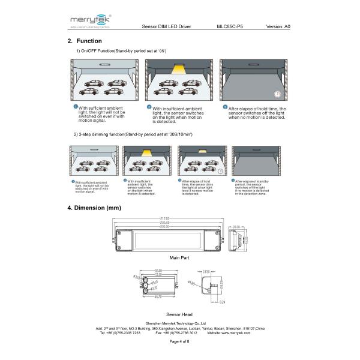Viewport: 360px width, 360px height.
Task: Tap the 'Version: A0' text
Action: (278, 27)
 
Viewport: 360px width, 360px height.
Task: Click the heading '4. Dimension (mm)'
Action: (94, 208)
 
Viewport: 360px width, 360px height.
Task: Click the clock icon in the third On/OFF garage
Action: (277, 94)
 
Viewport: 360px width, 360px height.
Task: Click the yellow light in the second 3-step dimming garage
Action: (146, 154)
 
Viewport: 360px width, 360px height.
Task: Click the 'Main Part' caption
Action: (179, 257)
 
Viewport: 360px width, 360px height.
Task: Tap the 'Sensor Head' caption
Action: (179, 314)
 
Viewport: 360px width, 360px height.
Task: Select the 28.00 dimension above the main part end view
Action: (236, 227)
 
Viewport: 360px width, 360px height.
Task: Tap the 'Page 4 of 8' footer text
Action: (179, 341)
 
